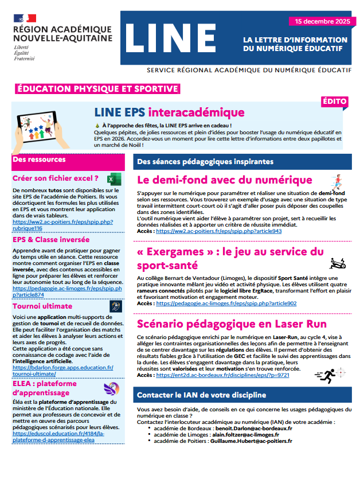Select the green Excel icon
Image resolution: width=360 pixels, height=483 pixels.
[112, 179]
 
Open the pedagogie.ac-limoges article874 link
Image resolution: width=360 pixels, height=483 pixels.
[66, 291]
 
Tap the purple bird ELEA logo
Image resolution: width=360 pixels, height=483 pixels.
[111, 389]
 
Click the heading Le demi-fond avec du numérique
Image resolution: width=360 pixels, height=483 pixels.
[225, 180]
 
